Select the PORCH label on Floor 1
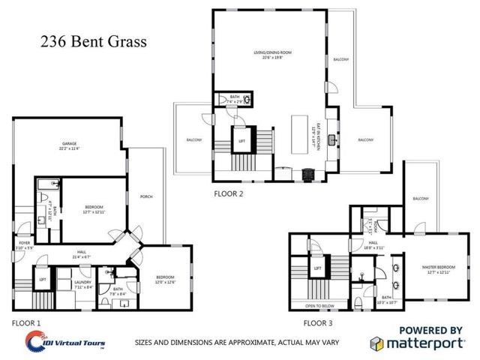click(147, 196)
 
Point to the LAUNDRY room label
click(82, 282)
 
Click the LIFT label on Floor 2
click(242, 140)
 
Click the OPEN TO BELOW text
click(320, 306)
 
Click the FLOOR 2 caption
click(229, 193)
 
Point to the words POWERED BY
click(430, 328)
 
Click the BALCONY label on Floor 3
click(421, 199)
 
